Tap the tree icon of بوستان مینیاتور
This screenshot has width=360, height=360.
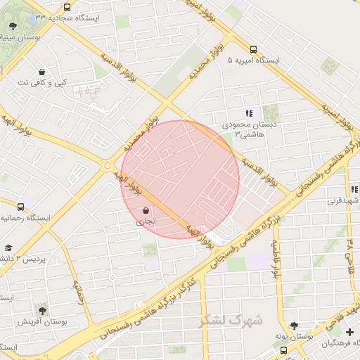pyautogui.click(x=13, y=26)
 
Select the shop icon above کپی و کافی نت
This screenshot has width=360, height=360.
pyautogui.click(x=42, y=72)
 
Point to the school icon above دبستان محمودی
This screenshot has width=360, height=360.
pyautogui.click(x=249, y=112)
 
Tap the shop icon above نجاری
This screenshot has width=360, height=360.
pyautogui.click(x=146, y=210)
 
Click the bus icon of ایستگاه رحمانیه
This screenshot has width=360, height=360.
pyautogui.click(x=20, y=207)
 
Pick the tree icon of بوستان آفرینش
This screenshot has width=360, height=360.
pyautogui.click(x=42, y=310)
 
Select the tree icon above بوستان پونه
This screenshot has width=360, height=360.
pyautogui.click(x=294, y=326)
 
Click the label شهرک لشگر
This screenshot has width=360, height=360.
pyautogui.click(x=231, y=320)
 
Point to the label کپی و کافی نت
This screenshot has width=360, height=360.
pyautogui.click(x=42, y=83)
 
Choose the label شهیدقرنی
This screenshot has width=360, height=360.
pyautogui.click(x=342, y=200)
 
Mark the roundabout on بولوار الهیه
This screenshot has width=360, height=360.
pyautogui.click(x=107, y=166)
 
